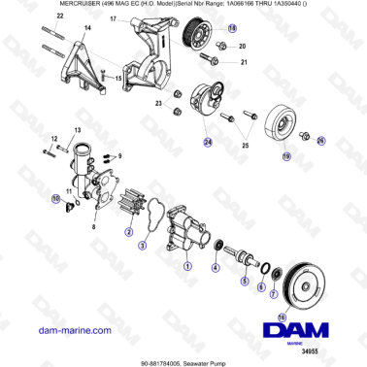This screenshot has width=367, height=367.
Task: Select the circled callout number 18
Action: tap(231, 30)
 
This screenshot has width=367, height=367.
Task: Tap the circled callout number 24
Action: tap(206, 142)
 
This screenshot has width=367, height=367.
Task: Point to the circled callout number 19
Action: tap(285, 155)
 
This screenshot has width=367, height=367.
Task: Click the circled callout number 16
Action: tap(282, 317)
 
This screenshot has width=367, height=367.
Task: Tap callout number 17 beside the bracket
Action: tap(114, 19)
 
